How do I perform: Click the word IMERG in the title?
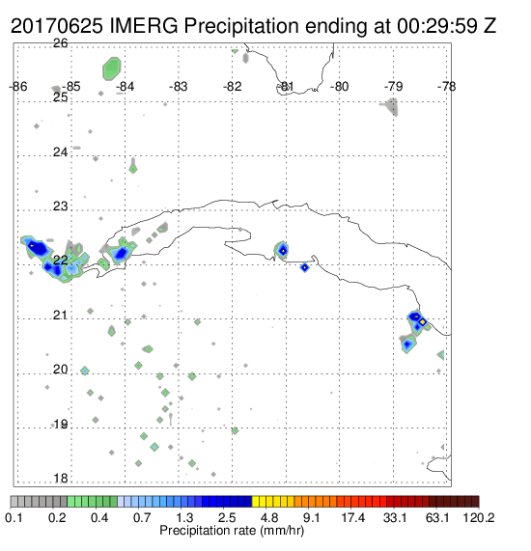point(144,26)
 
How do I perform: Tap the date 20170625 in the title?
point(57,26)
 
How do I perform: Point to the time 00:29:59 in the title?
point(437,26)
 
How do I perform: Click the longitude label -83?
point(179,87)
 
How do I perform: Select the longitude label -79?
point(393,87)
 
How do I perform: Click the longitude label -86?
point(17,87)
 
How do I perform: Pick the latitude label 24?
point(61,152)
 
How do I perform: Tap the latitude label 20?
point(61,370)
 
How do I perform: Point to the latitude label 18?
point(61,479)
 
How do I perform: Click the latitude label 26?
point(61,43)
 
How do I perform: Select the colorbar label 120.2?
point(479,517)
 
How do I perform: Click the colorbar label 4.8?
point(269,517)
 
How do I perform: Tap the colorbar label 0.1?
point(14,517)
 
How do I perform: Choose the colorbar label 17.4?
point(353,517)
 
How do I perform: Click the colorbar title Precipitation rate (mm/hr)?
point(232,531)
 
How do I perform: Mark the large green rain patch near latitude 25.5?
point(112,69)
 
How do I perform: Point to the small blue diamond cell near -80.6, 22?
point(305,267)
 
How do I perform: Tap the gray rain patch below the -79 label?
point(391,106)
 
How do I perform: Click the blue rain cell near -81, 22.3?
point(282,250)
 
